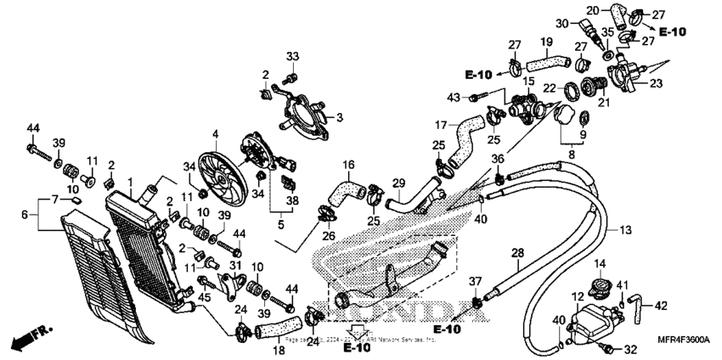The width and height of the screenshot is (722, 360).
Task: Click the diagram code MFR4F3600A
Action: (672, 339)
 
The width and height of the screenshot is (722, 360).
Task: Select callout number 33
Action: (293, 57)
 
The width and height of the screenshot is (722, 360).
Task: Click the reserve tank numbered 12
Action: (591, 322)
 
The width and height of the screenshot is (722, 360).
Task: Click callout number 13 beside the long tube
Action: (625, 230)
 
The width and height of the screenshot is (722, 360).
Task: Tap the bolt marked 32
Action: (608, 349)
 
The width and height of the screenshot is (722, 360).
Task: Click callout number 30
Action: (585, 23)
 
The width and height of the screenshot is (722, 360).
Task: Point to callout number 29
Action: (398, 183)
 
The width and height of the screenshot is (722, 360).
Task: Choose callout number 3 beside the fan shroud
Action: (338, 116)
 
